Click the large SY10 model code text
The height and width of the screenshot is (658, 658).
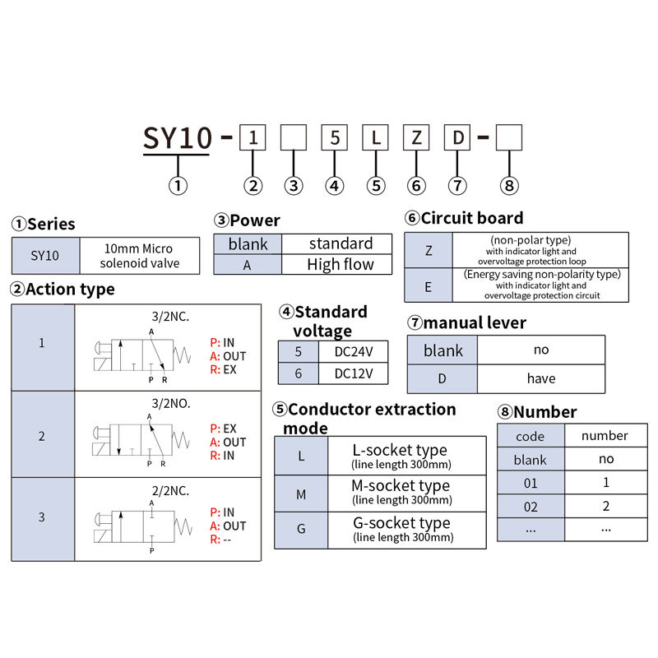click(178, 137)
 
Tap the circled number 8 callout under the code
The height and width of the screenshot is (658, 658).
click(510, 186)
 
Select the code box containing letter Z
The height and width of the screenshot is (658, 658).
click(416, 137)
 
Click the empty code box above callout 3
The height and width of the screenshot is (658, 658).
click(294, 137)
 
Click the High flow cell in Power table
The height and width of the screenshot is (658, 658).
click(340, 265)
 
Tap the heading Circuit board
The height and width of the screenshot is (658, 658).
click(471, 218)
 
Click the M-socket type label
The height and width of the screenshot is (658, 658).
click(401, 486)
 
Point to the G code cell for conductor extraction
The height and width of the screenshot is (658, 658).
click(301, 529)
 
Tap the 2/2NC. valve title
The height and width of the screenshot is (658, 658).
click(169, 490)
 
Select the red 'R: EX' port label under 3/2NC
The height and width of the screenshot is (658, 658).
click(223, 370)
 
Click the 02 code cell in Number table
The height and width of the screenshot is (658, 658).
click(531, 507)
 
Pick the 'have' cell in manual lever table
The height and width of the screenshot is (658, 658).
click(540, 378)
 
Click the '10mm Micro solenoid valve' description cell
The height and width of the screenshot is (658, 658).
click(139, 256)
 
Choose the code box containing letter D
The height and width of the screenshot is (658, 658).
click(457, 137)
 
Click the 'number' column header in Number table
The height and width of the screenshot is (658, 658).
click(605, 436)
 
